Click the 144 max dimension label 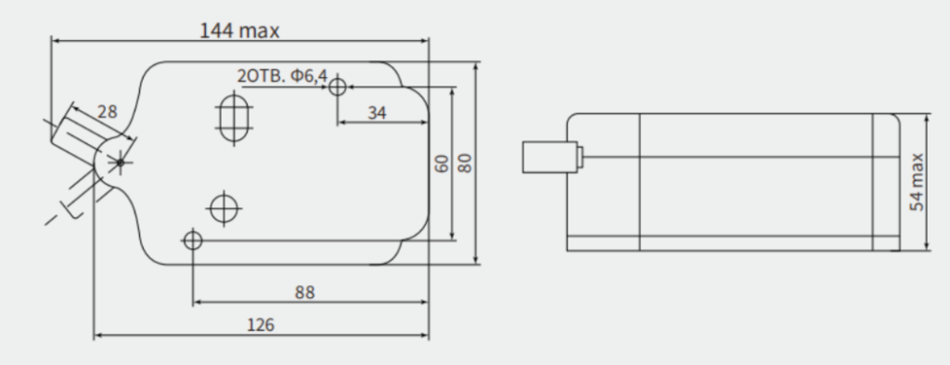240,31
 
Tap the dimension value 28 108,111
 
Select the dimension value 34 377,112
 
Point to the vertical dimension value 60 443,163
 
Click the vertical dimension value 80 464,163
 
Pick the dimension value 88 304,293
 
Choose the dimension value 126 261,325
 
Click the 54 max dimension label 918,182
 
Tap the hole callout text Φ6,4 309,76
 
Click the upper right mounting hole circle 338,87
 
